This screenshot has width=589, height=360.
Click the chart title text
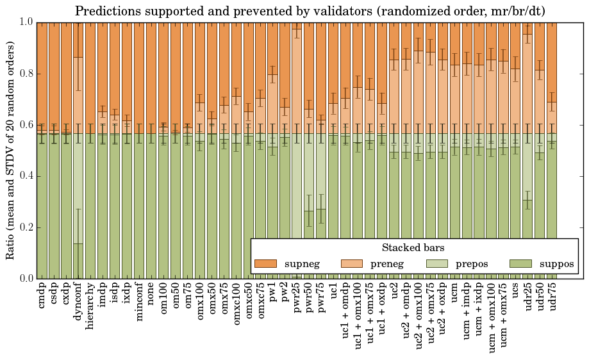click(x=310, y=11)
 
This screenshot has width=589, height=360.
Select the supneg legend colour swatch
click(x=265, y=263)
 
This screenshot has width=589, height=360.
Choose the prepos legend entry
click(x=471, y=263)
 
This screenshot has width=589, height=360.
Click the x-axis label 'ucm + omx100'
click(x=492, y=309)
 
